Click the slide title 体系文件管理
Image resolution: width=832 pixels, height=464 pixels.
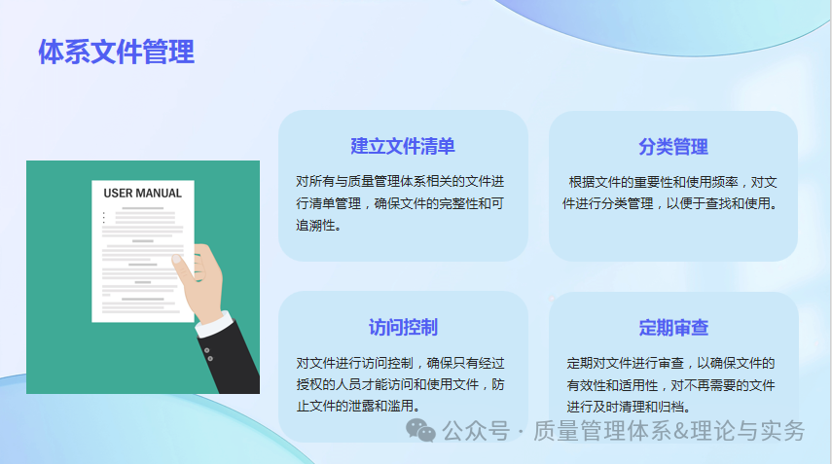click(116, 52)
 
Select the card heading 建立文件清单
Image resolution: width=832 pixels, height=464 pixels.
click(403, 147)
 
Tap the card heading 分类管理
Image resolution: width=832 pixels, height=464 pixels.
click(673, 147)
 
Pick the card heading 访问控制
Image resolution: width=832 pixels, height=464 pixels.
click(403, 327)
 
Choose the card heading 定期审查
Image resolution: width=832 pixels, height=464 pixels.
click(673, 327)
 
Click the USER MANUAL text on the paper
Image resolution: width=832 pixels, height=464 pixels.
click(142, 193)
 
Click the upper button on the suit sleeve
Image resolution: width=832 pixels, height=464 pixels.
click(207, 348)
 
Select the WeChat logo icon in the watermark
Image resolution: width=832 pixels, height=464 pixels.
click(421, 430)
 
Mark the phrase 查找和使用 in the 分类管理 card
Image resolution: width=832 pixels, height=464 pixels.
click(737, 204)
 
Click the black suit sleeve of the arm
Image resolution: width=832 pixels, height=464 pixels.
click(234, 365)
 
